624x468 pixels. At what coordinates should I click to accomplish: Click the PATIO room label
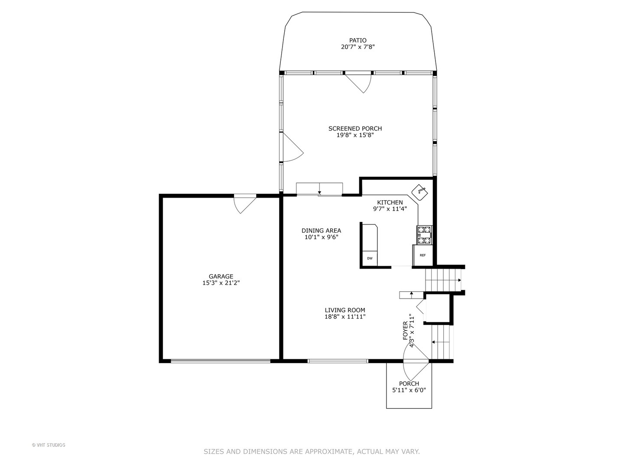pyautogui.click(x=357, y=40)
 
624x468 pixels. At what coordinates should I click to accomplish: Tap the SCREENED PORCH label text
pyautogui.click(x=355, y=128)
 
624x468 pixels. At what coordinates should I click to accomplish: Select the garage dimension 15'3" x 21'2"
pyautogui.click(x=221, y=283)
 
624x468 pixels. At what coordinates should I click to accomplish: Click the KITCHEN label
pyautogui.click(x=390, y=202)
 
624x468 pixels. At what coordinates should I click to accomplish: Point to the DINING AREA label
pyautogui.click(x=321, y=231)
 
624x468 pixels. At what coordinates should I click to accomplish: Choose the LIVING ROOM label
pyautogui.click(x=345, y=310)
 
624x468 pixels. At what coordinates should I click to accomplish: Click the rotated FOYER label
pyautogui.click(x=405, y=330)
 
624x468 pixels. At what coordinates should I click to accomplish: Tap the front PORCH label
pyautogui.click(x=409, y=383)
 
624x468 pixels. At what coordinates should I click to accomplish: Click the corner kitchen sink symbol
pyautogui.click(x=419, y=191)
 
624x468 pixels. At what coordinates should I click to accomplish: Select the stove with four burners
pyautogui.click(x=424, y=234)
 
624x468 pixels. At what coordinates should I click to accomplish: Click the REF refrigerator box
pyautogui.click(x=422, y=255)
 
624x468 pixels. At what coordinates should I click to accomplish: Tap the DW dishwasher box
pyautogui.click(x=369, y=258)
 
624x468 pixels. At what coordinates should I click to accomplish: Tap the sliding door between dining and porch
pyautogui.click(x=319, y=189)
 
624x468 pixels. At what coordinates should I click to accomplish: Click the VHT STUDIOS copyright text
pyautogui.click(x=49, y=445)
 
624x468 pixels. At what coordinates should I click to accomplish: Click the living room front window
pyautogui.click(x=338, y=361)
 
